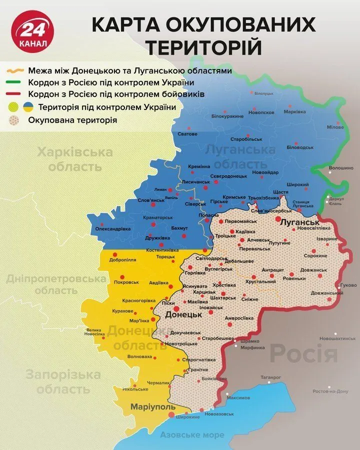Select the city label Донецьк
[184, 315]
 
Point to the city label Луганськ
[299, 221]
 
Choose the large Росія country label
[304, 354]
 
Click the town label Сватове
[187, 134]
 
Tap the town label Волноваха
[140, 356]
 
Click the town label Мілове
[335, 127]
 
